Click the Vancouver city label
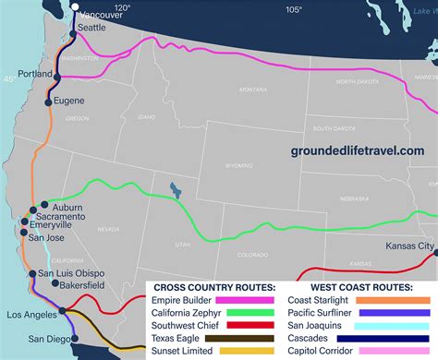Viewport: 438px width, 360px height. point(101,16)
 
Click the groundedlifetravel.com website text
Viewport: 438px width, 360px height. point(358,150)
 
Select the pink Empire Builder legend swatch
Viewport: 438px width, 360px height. point(245,298)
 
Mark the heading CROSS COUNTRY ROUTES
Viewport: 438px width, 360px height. point(213,285)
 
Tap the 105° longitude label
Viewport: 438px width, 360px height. point(293,9)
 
